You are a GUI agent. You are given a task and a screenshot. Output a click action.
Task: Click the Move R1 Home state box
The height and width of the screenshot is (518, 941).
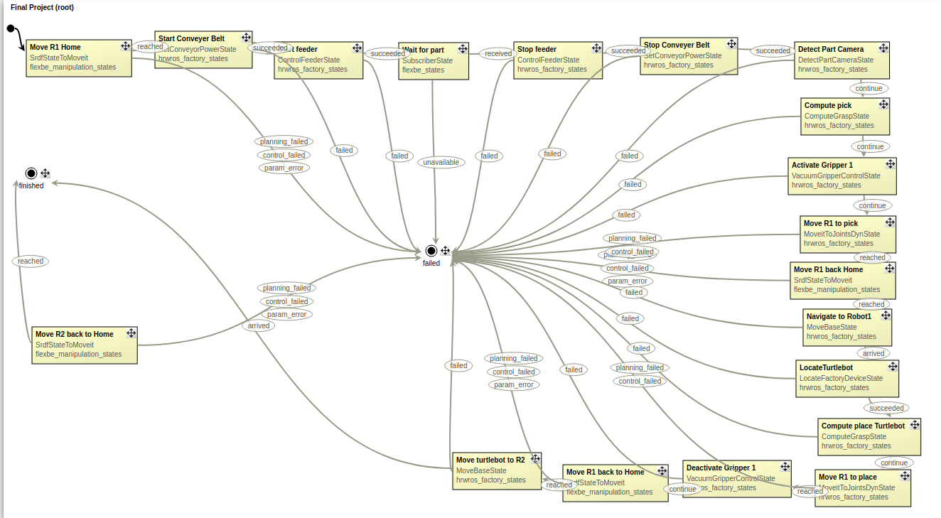pos(79,58)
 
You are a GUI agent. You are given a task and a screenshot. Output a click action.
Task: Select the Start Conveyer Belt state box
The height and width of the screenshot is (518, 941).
pos(203,50)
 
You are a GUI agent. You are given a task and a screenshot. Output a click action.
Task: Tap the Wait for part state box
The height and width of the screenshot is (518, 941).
pos(434,61)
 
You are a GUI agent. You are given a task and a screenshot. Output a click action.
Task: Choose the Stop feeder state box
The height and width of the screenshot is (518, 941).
pos(558,60)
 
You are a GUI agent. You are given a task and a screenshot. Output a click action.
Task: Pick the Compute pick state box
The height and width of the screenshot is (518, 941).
pos(845,116)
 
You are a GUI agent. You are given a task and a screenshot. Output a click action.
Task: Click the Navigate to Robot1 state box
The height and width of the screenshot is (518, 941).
pos(846,327)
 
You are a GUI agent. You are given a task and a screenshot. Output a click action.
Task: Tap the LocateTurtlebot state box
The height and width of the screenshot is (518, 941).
pos(847,378)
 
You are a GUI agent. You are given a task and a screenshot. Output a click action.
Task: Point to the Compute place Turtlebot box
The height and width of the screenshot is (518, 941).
pos(869,436)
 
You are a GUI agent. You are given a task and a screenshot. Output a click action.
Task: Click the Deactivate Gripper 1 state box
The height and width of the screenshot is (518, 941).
pos(736,478)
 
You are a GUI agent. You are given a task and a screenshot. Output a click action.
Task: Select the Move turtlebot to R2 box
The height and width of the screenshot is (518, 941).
pos(497,470)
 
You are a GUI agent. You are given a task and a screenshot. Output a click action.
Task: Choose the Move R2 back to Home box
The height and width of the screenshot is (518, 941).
pos(85,345)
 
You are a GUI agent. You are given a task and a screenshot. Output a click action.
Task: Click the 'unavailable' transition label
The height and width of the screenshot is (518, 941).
pos(441,163)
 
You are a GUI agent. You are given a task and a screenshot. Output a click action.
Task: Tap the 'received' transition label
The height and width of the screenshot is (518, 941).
pos(498,53)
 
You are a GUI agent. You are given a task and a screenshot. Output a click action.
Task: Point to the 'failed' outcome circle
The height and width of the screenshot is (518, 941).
pos(431,250)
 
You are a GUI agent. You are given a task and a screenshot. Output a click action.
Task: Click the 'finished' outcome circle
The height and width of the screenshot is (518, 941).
pos(31,173)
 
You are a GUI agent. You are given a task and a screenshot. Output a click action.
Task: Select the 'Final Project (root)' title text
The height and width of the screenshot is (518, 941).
pos(42,7)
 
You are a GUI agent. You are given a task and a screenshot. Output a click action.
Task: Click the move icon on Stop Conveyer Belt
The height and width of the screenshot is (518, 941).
pos(729,44)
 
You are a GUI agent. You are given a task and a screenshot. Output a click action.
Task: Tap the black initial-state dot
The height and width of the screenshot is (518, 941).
pos(11,28)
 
